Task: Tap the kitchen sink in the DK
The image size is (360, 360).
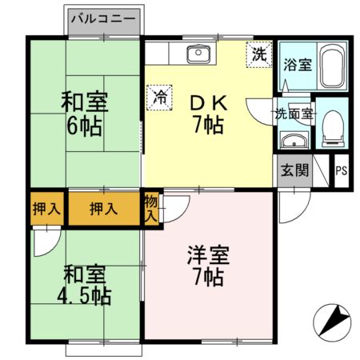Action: [197, 54]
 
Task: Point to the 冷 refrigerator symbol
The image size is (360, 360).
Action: [160, 98]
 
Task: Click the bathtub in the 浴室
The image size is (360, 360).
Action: [332, 66]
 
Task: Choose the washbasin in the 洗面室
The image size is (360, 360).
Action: [294, 142]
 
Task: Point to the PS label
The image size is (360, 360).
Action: [341, 170]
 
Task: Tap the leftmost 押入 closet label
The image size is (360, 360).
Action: [46, 209]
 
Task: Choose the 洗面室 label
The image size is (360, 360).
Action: [294, 114]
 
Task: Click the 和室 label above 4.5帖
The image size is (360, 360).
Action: [84, 273]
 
